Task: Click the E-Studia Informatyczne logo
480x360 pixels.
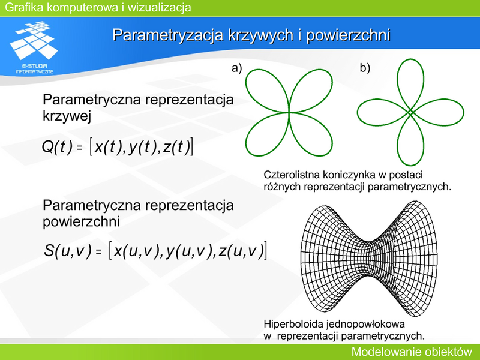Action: click(34, 47)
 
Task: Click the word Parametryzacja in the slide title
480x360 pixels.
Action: click(168, 35)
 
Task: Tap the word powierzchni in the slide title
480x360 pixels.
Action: click(348, 35)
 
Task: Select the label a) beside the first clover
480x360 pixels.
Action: click(236, 68)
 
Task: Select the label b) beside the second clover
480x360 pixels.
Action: click(365, 68)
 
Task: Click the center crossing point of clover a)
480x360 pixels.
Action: click(289, 113)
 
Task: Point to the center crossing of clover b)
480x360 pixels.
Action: click(410, 112)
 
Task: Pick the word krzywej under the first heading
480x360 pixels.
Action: click(67, 116)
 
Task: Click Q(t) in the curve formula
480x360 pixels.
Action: click(57, 147)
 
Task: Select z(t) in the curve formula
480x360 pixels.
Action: click(176, 147)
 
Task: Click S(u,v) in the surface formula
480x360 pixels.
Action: click(68, 250)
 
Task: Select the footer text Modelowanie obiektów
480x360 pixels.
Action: click(412, 352)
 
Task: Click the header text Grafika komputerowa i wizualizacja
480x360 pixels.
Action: click(98, 7)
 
